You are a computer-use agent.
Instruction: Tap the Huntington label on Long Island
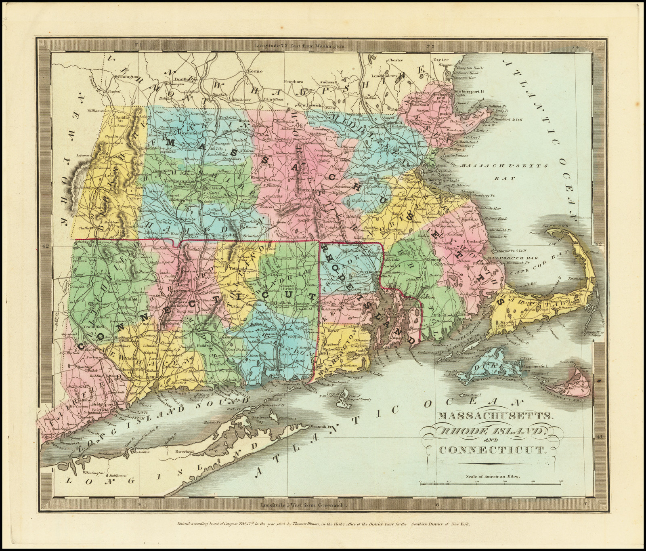click(x=94, y=473)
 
